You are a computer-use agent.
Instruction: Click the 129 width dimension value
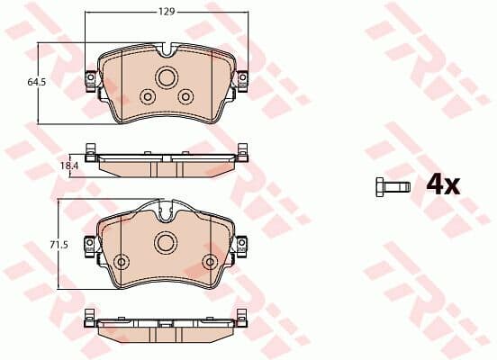pyautogui.click(x=167, y=12)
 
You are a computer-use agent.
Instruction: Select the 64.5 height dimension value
pyautogui.click(x=37, y=82)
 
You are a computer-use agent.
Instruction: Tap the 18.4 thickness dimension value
pyautogui.click(x=69, y=166)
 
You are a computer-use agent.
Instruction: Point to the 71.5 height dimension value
pyautogui.click(x=59, y=245)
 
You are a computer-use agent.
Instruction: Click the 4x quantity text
pyautogui.click(x=443, y=185)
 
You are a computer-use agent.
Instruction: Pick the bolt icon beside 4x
pyautogui.click(x=393, y=187)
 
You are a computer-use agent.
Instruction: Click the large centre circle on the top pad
pyautogui.click(x=167, y=77)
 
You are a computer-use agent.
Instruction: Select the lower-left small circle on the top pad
pyautogui.click(x=148, y=96)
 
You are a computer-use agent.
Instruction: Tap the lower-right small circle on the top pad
pyautogui.click(x=185, y=96)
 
